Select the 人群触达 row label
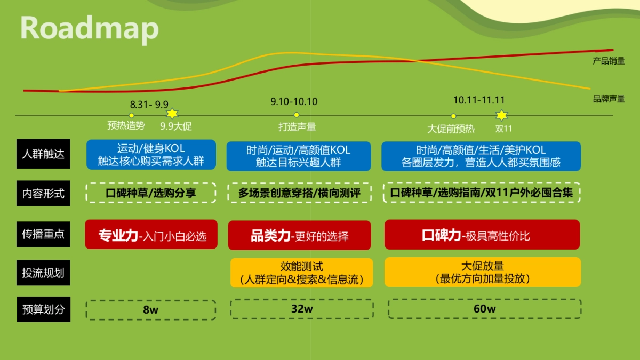[43, 154]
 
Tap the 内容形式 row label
[43, 194]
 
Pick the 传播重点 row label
[43, 234]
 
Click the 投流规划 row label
[43, 273]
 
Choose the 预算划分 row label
[43, 309]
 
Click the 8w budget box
[151, 309]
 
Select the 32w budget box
[301, 309]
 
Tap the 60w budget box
[484, 309]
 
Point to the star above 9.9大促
[172, 114]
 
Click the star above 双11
[501, 115]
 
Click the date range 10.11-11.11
[479, 100]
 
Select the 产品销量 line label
[609, 61]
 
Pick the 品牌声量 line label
[609, 99]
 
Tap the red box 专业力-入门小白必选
[151, 234]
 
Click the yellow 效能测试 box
[301, 272]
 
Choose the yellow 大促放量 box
[482, 272]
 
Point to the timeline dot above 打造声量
[297, 115]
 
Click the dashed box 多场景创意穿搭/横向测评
[299, 193]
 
